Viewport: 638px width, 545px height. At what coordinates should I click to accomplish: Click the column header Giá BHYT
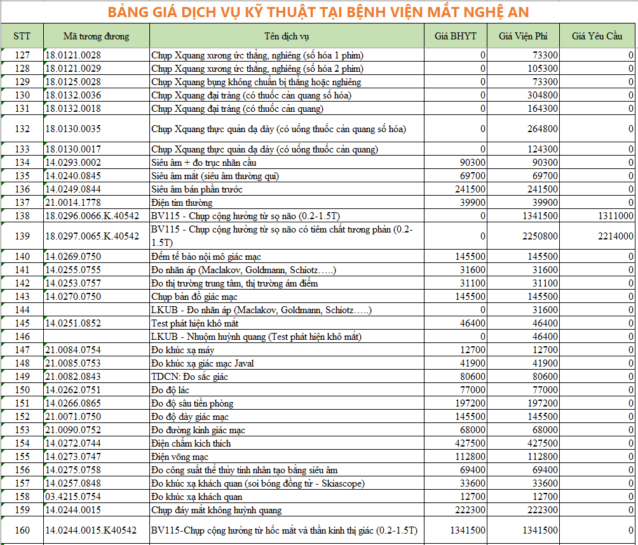tap(456, 36)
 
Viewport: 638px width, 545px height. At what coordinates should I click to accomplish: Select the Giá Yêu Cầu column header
tap(597, 36)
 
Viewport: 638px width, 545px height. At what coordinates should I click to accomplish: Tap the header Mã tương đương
tap(96, 36)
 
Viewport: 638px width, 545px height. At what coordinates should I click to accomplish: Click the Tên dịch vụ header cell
tap(287, 36)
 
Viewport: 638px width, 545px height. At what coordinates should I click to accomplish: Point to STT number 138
tap(22, 216)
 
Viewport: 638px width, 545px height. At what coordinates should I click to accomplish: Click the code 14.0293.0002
tap(73, 163)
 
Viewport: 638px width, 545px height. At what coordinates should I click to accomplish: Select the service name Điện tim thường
tap(182, 203)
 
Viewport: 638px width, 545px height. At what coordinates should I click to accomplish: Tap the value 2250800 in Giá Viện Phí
tap(540, 236)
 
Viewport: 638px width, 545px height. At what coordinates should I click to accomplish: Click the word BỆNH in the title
tap(354, 13)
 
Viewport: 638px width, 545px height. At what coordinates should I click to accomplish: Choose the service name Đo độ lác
tap(170, 390)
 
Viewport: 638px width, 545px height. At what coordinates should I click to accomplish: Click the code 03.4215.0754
tap(73, 497)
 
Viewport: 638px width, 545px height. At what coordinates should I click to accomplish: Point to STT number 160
tap(22, 530)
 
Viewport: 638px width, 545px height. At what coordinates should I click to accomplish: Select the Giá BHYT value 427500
tap(471, 443)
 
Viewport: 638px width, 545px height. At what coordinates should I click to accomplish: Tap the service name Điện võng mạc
tap(180, 457)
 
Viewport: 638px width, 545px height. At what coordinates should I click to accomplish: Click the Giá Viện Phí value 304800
tap(542, 95)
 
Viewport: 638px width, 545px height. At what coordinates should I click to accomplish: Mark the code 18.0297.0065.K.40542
tap(92, 236)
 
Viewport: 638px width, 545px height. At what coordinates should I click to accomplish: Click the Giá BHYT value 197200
tap(471, 403)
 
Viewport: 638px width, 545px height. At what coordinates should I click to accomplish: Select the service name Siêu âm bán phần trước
tap(197, 189)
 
